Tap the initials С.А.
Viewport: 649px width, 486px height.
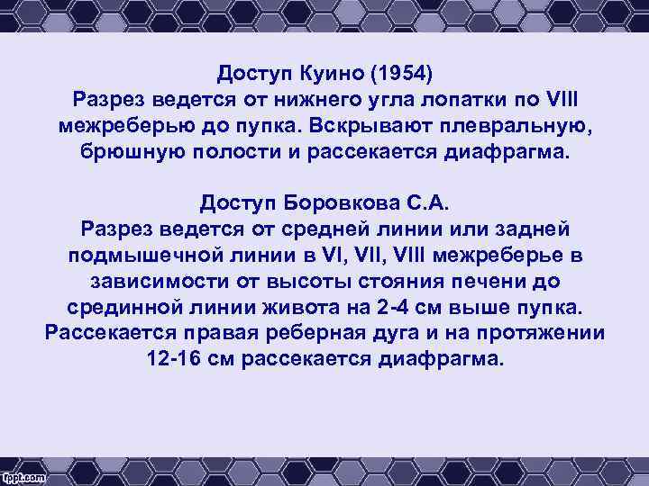[x=425, y=202]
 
